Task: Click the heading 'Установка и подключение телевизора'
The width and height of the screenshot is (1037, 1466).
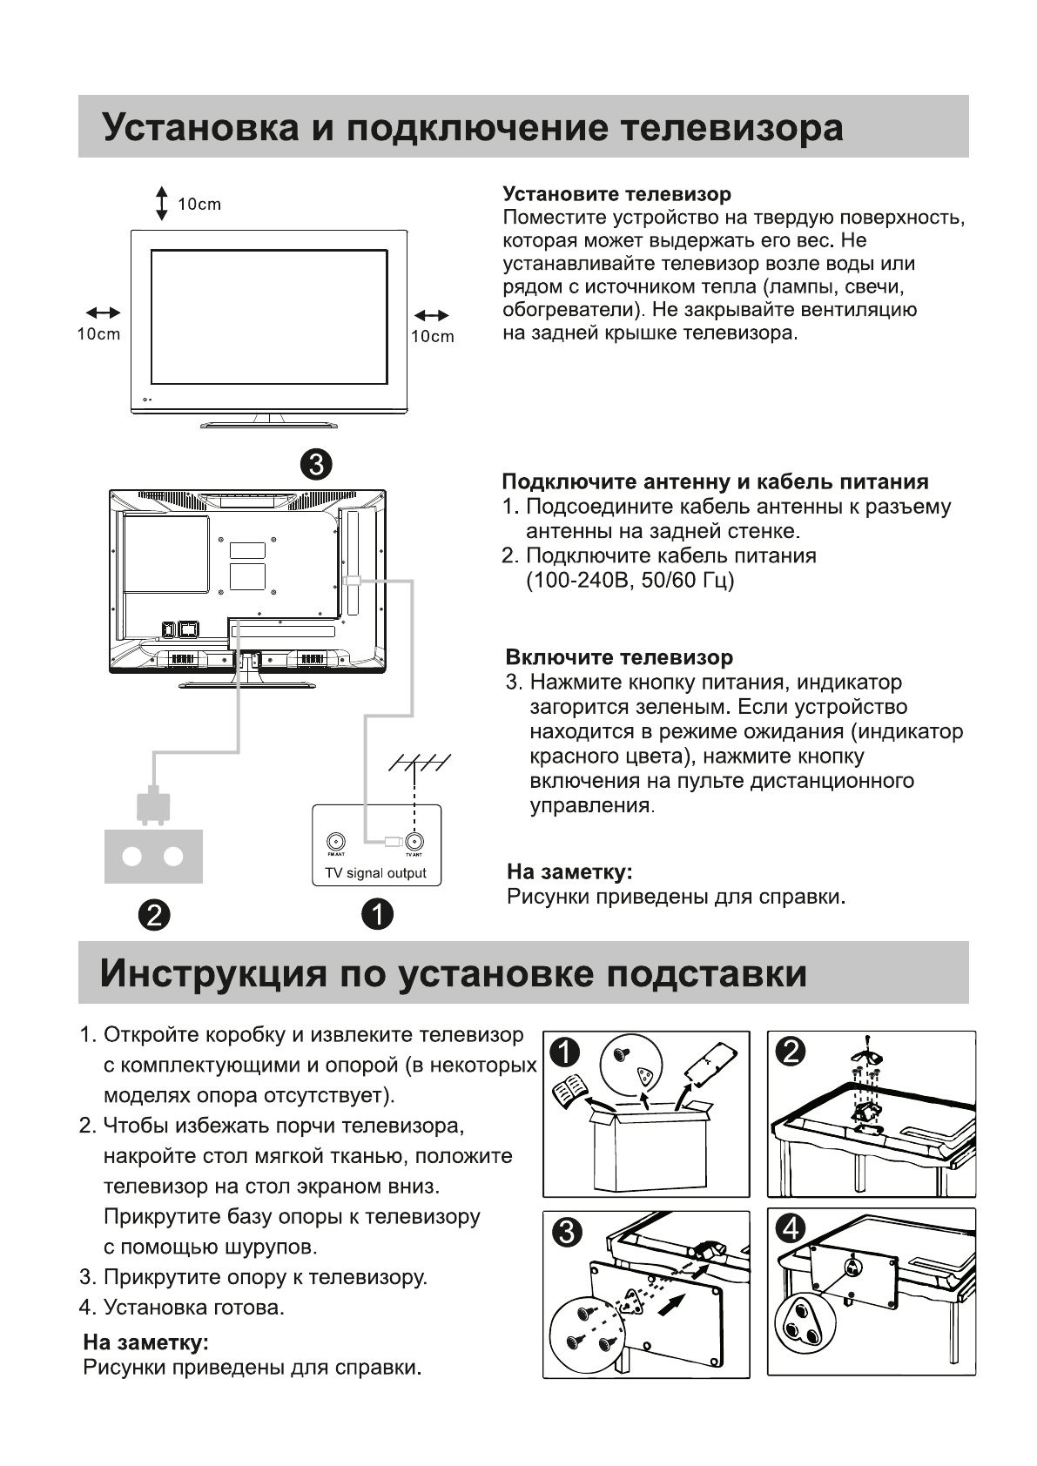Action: pos(473,127)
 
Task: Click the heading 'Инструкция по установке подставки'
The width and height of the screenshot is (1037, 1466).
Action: pos(453,973)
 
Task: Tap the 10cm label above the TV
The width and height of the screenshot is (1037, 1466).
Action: pos(199,205)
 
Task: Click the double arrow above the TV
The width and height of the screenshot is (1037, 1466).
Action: pos(161,203)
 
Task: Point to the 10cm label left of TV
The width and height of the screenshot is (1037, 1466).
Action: pos(98,334)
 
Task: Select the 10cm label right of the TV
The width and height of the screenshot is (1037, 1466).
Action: pos(433,337)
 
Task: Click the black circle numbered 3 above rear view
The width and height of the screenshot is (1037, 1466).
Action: pos(315,463)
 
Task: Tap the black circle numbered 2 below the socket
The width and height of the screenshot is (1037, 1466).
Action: pos(153,914)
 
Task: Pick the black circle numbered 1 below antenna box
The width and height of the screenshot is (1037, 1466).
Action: pos(378,914)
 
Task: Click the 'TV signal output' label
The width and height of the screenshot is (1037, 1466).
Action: pos(375,873)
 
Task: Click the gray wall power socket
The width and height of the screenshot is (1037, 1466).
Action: pos(153,856)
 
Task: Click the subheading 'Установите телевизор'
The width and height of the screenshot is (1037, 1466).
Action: pos(616,193)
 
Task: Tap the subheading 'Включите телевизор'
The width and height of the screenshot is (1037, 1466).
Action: pos(619,657)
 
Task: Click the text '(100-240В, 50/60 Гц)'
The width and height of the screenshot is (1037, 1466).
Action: pos(630,580)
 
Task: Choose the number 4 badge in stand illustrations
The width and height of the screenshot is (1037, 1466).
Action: pos(791,1227)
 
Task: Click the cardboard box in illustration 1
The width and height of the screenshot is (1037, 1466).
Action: pos(649,1149)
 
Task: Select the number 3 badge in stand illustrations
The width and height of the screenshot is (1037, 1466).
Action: pos(564,1232)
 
